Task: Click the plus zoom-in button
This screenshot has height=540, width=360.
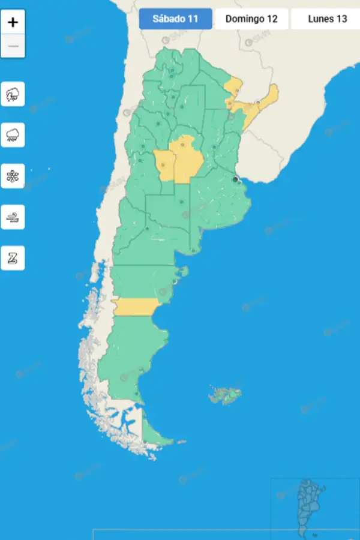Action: pos(13,23)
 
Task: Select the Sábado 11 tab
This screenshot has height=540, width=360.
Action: pos(175,19)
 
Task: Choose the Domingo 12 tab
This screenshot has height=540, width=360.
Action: pos(251,19)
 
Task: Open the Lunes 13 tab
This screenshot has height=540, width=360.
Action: pos(328,19)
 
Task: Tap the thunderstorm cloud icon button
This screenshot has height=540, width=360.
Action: pos(13,94)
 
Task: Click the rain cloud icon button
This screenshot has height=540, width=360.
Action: pos(13,135)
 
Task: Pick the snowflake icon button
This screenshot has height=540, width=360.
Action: pos(13,176)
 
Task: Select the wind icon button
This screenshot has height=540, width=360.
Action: pos(13,217)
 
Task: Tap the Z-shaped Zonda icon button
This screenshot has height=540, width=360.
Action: pos(13,258)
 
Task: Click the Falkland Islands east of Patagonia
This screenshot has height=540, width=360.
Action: pos(226,395)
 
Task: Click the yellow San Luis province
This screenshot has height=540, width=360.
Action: pos(164,166)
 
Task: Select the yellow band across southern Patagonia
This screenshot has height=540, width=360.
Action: pos(136,307)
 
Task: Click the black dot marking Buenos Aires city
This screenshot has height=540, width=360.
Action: pos(235,179)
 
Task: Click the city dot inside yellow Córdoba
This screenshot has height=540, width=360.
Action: pos(182,145)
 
